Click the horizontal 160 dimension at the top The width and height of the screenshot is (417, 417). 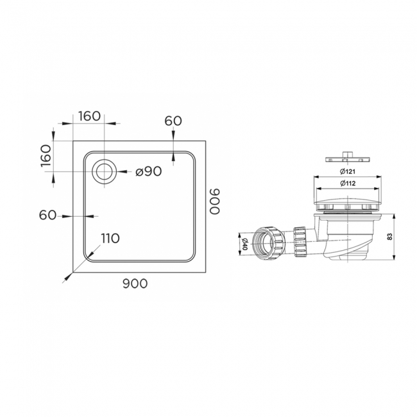(x=89, y=116)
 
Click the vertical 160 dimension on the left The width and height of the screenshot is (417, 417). (x=46, y=156)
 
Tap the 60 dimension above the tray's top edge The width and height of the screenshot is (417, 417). (x=173, y=121)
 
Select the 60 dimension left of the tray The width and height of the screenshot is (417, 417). (x=48, y=215)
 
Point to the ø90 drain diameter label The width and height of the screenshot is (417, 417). (x=147, y=171)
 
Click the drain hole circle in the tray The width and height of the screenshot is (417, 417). (x=104, y=171)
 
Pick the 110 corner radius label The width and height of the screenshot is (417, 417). (x=110, y=239)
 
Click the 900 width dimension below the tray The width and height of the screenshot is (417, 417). (x=135, y=284)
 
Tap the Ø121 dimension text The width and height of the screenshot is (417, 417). (x=348, y=172)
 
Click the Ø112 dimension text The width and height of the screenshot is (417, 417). (x=348, y=184)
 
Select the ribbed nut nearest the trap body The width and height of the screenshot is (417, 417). (x=299, y=241)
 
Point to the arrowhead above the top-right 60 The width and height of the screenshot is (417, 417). (x=173, y=134)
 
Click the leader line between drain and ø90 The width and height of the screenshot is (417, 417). (x=125, y=171)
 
